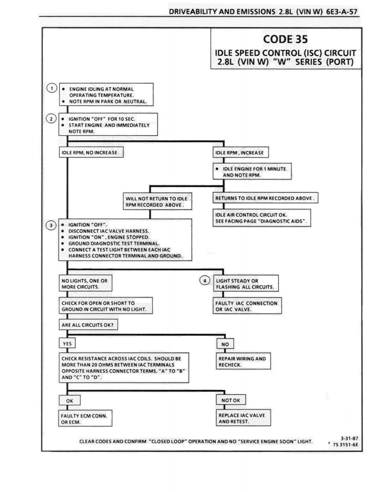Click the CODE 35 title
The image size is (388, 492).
[x=286, y=39]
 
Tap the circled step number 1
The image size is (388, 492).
[x=52, y=88]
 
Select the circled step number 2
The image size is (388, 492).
[x=51, y=118]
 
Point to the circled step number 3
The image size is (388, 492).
[x=51, y=225]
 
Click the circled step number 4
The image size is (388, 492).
[x=205, y=281]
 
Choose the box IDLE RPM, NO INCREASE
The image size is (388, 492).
[x=91, y=152]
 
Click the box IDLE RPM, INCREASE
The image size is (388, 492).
[x=241, y=153]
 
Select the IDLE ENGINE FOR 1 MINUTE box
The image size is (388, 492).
[x=252, y=171]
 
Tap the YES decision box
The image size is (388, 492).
[x=67, y=344]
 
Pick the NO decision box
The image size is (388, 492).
[x=225, y=344]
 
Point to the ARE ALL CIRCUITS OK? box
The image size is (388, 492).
[x=88, y=325]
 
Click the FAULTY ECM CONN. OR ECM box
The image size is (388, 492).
[x=85, y=419]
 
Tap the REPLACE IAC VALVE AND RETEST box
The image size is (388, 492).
[x=243, y=418]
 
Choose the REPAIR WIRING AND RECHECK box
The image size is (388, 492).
[x=243, y=362]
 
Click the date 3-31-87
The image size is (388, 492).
[x=349, y=438]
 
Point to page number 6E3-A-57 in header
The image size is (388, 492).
[x=342, y=11]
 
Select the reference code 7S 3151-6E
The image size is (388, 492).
[x=345, y=445]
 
